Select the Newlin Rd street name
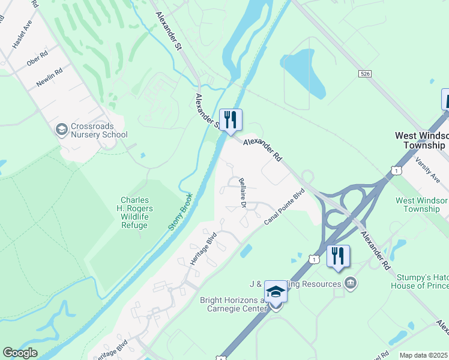point(49,78)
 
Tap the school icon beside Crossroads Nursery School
point(61,130)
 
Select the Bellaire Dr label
point(243,193)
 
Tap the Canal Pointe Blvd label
point(285,207)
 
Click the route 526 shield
point(364,73)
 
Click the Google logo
point(20,353)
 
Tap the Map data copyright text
point(424,355)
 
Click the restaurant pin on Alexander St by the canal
point(231,120)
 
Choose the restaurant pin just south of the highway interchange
point(338,257)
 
